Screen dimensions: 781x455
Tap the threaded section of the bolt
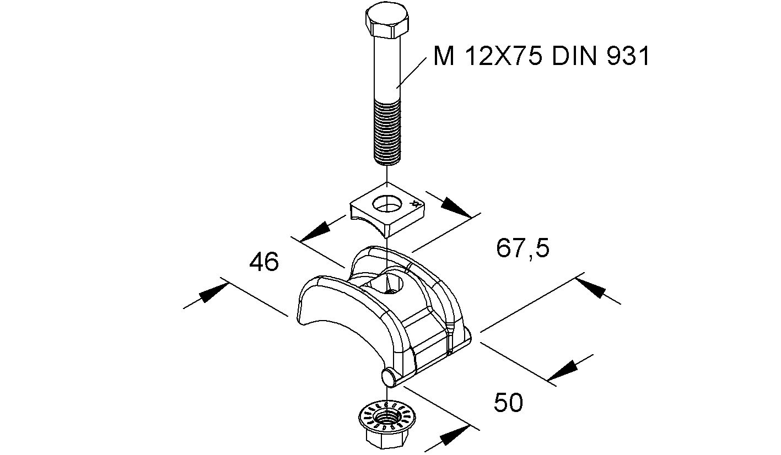[x=387, y=132]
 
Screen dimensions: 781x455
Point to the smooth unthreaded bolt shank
[x=387, y=68]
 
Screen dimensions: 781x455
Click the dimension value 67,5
[x=523, y=248]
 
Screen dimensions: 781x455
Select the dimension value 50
[x=508, y=402]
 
